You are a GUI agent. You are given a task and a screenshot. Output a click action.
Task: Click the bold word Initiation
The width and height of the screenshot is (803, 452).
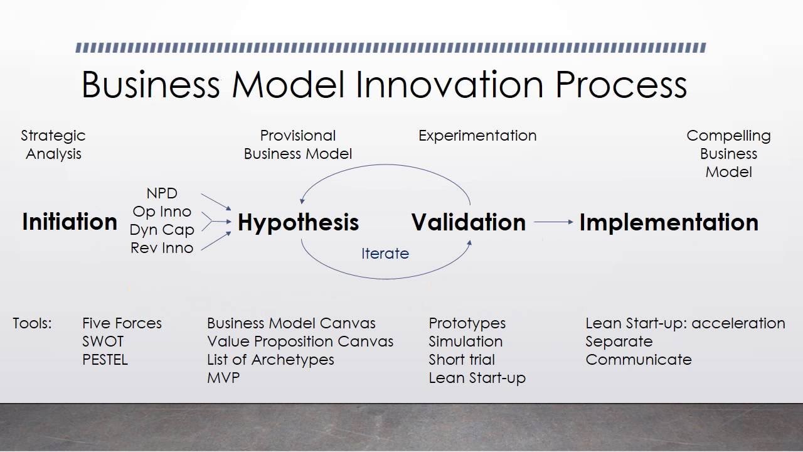(x=70, y=222)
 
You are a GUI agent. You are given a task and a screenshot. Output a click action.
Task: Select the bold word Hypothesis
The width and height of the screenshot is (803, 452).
(x=298, y=223)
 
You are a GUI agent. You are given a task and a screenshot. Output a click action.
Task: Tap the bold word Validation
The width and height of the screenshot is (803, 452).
(x=469, y=222)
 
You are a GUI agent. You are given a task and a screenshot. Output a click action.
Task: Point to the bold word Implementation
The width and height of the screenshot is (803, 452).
(x=669, y=223)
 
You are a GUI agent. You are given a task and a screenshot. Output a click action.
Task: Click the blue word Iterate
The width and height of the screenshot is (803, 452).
(x=385, y=254)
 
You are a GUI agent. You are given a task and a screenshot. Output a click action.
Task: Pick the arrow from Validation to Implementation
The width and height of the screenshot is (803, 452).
(x=553, y=222)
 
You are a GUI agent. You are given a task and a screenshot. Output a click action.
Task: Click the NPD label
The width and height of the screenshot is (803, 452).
(x=162, y=193)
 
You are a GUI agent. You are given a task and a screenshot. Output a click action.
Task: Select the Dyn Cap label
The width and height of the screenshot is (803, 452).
(x=162, y=230)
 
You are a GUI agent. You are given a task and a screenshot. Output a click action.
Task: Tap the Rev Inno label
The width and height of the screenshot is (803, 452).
(x=162, y=248)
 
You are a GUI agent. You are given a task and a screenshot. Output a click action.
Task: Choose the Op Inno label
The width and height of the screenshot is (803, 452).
(x=162, y=212)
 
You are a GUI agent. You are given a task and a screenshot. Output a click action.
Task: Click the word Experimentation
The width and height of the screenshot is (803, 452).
(x=477, y=136)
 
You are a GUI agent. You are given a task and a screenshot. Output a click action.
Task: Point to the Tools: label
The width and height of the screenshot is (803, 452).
(x=32, y=323)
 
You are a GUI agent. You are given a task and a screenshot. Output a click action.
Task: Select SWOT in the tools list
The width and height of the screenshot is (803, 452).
(x=103, y=342)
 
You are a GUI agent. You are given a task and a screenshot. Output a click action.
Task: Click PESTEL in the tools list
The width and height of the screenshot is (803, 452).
(x=105, y=360)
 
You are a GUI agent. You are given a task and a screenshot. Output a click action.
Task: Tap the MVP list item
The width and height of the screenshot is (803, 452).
(x=223, y=378)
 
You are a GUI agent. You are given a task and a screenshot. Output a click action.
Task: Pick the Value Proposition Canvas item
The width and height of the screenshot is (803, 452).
(x=300, y=342)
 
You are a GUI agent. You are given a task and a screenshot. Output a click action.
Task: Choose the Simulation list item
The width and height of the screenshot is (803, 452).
(x=465, y=342)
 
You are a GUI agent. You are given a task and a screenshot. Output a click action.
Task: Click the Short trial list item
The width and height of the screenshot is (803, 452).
(x=462, y=360)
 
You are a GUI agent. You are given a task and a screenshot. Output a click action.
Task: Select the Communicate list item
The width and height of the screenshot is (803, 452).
(x=639, y=360)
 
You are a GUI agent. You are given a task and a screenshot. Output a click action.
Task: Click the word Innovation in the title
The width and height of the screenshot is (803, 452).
(x=450, y=85)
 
